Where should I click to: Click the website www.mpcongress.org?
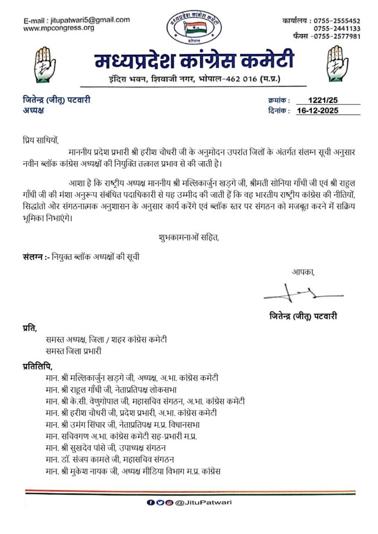59,28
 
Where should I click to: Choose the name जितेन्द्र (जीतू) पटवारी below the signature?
300,315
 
